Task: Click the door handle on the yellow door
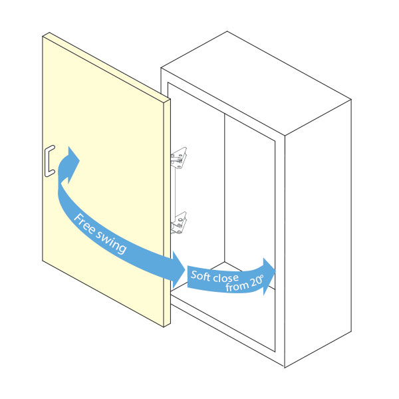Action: point(47,162)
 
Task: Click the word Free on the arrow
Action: point(84,223)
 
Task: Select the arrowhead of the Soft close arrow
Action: point(267,269)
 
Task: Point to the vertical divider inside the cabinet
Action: point(224,193)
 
